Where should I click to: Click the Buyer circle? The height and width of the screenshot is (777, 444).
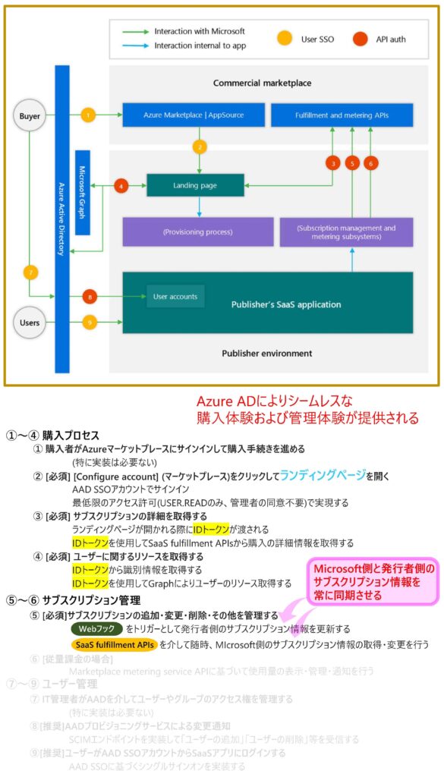point(29,116)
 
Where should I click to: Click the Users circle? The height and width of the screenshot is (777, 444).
point(29,322)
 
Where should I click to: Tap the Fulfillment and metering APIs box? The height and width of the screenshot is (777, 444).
point(342,115)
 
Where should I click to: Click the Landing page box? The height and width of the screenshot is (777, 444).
point(195,184)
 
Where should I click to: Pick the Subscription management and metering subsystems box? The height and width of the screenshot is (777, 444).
point(346,231)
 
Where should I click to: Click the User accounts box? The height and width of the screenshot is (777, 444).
point(175,297)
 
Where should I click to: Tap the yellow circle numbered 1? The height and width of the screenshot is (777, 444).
point(89,115)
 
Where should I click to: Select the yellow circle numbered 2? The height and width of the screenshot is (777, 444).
point(200,146)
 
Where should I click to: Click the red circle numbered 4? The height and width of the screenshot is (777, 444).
point(121,184)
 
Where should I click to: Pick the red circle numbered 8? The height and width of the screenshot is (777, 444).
point(89,297)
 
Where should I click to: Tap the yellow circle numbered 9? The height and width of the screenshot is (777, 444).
point(89,323)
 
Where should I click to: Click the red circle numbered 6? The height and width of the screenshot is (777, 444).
point(370,162)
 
